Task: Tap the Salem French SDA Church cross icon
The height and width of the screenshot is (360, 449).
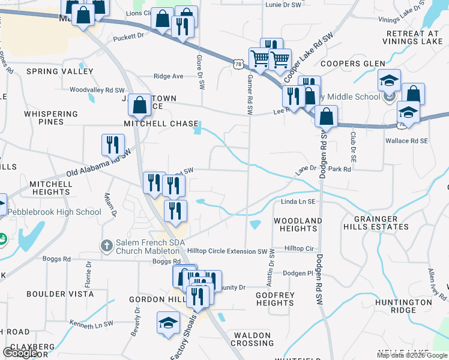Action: tap(106, 245)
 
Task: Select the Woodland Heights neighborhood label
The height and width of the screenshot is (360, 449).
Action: tap(298, 224)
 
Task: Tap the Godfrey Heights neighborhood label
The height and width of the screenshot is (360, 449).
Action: tap(275, 299)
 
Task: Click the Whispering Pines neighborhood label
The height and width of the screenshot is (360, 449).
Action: tap(51, 118)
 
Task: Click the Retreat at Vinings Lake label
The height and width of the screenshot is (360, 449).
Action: tap(412, 37)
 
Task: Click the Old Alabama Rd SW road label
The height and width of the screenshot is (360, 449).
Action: tap(98, 163)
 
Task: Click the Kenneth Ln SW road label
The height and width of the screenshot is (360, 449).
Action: tap(91, 324)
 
